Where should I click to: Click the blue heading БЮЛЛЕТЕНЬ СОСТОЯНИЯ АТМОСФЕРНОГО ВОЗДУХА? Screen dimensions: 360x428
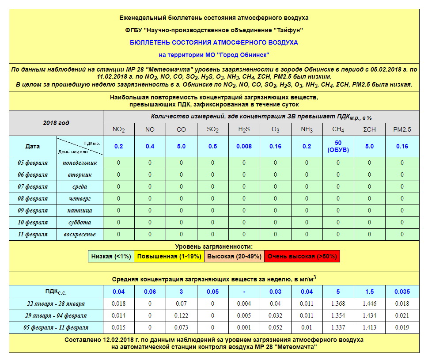click(214, 42)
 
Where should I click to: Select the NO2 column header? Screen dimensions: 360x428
click(118, 129)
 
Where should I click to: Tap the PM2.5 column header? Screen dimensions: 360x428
click(402, 129)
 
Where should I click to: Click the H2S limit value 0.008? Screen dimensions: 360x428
click(244, 146)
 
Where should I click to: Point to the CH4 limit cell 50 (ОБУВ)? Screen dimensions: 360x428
click(338, 146)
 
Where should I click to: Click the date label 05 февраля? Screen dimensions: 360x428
click(33, 163)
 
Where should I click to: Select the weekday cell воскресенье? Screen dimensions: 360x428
click(80, 234)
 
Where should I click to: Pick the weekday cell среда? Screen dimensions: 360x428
click(80, 186)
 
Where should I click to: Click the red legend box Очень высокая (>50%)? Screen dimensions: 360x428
click(303, 256)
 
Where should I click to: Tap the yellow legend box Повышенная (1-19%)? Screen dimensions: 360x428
click(169, 256)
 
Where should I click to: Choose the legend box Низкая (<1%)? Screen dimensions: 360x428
click(111, 256)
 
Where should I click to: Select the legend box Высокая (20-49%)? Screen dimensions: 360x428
click(234, 256)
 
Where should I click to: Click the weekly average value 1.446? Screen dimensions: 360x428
click(369, 303)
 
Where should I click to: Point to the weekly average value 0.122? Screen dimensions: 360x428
click(181, 315)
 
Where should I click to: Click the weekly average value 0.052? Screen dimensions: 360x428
click(275, 327)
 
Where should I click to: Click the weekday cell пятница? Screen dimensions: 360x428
click(80, 210)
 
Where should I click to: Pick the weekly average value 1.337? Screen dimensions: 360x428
click(338, 327)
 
